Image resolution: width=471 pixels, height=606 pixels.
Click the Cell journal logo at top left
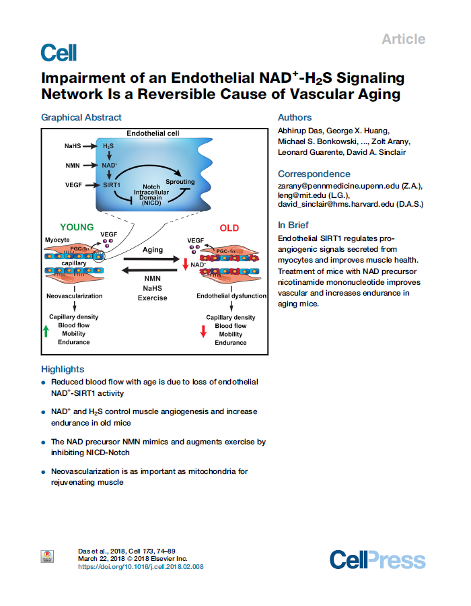[59, 53]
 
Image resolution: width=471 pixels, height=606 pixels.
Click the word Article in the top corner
[403, 39]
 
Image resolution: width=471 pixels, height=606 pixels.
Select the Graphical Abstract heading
[81, 117]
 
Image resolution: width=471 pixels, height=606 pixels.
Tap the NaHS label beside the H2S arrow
[73, 145]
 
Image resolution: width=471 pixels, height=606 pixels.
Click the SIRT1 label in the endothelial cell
[112, 184]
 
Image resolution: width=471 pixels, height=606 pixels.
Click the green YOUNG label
[77, 228]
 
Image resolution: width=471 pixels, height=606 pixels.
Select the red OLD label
[229, 228]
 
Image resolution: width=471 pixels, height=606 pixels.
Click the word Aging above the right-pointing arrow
[153, 250]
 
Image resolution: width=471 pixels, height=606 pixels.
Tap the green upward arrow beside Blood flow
[46, 330]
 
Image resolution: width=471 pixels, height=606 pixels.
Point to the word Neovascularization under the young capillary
[75, 296]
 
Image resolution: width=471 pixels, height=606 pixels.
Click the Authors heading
[295, 117]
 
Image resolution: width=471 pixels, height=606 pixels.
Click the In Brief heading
[293, 225]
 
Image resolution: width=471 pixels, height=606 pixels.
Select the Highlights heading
[63, 369]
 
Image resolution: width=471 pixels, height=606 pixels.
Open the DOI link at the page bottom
[141, 566]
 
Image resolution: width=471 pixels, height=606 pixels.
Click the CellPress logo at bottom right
[377, 560]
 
